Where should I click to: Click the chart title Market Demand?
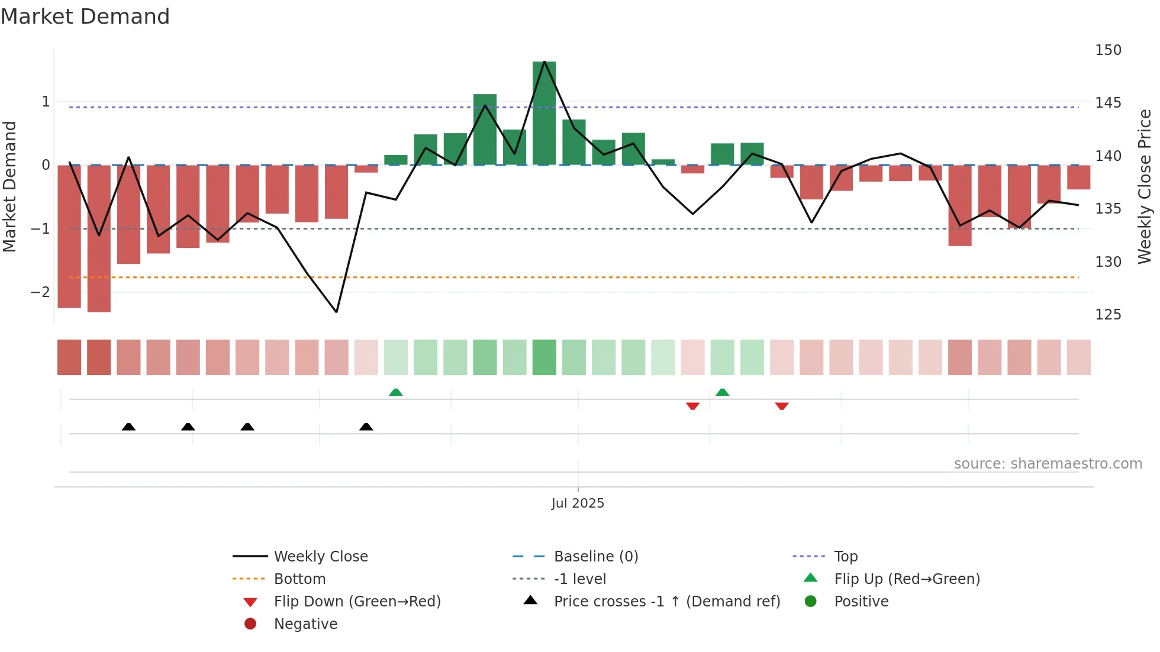[x=85, y=17]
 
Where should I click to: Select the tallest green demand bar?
[x=544, y=112]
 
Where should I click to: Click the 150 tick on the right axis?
[x=1108, y=50]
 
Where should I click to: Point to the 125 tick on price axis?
[x=1108, y=315]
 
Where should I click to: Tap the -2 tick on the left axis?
[x=40, y=292]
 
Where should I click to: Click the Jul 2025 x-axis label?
[x=578, y=503]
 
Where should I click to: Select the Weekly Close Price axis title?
[x=1145, y=186]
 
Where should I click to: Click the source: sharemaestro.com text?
[x=1048, y=464]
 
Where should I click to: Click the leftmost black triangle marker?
[x=128, y=427]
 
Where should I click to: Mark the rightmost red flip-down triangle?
[x=782, y=406]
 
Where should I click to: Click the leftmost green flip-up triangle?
[x=396, y=392]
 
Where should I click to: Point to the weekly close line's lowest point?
[x=336, y=312]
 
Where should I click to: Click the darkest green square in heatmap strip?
[x=544, y=357]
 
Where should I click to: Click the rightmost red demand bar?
[x=1078, y=177]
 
